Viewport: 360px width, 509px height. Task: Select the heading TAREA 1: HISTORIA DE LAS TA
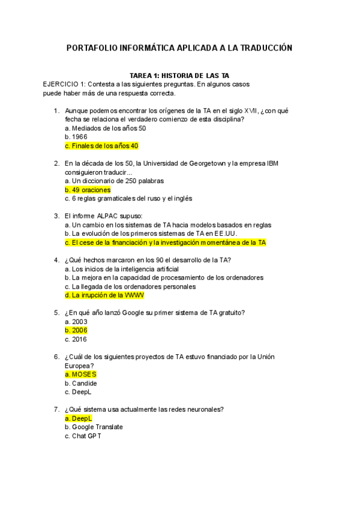tap(179, 76)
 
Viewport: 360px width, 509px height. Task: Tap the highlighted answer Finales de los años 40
tap(101, 146)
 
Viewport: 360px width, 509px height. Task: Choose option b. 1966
tap(76, 137)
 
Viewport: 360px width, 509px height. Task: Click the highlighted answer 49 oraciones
tap(88, 190)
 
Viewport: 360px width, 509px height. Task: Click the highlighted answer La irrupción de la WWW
tap(104, 295)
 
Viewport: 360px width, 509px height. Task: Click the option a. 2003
tap(76, 322)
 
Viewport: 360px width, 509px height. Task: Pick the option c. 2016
tap(76, 339)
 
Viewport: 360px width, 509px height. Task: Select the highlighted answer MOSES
tap(80, 375)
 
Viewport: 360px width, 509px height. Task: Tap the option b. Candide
tap(80, 383)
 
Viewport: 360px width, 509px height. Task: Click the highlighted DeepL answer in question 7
tap(79, 418)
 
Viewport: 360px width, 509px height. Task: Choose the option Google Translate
tap(94, 427)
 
